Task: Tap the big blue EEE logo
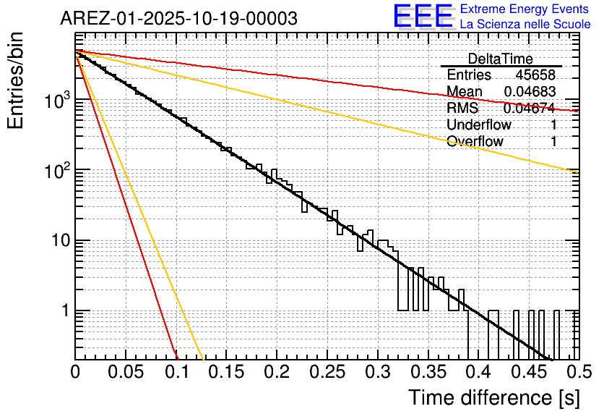point(423,17)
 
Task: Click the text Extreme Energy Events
point(525,9)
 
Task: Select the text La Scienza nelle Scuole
point(525,25)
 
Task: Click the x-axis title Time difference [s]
point(493,397)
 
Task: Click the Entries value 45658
point(535,75)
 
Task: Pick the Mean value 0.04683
point(530,92)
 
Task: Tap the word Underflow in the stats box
point(479,125)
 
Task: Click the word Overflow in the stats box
point(475,142)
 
